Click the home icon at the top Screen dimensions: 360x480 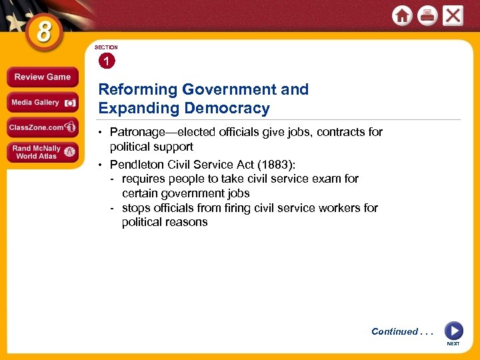point(402,16)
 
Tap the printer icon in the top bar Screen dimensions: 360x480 point(427,16)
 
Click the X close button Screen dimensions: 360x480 point(453,16)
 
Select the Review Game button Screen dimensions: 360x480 point(42,77)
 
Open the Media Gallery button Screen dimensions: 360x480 point(42,103)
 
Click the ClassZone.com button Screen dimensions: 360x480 point(42,127)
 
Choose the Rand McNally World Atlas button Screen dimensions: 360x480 point(42,152)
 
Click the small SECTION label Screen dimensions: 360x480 point(106,48)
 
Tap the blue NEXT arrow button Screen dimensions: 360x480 point(453,331)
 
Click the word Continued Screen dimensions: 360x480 point(395,331)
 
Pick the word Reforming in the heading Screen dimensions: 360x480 point(138,89)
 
